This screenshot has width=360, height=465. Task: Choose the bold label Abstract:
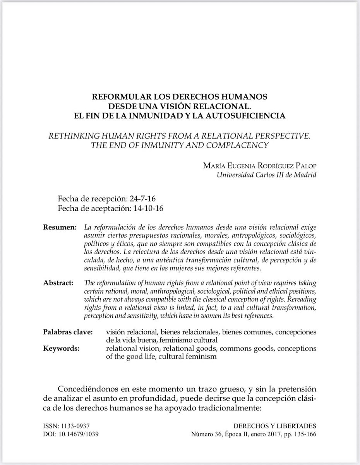(58, 283)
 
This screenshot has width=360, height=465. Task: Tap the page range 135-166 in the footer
(304, 434)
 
